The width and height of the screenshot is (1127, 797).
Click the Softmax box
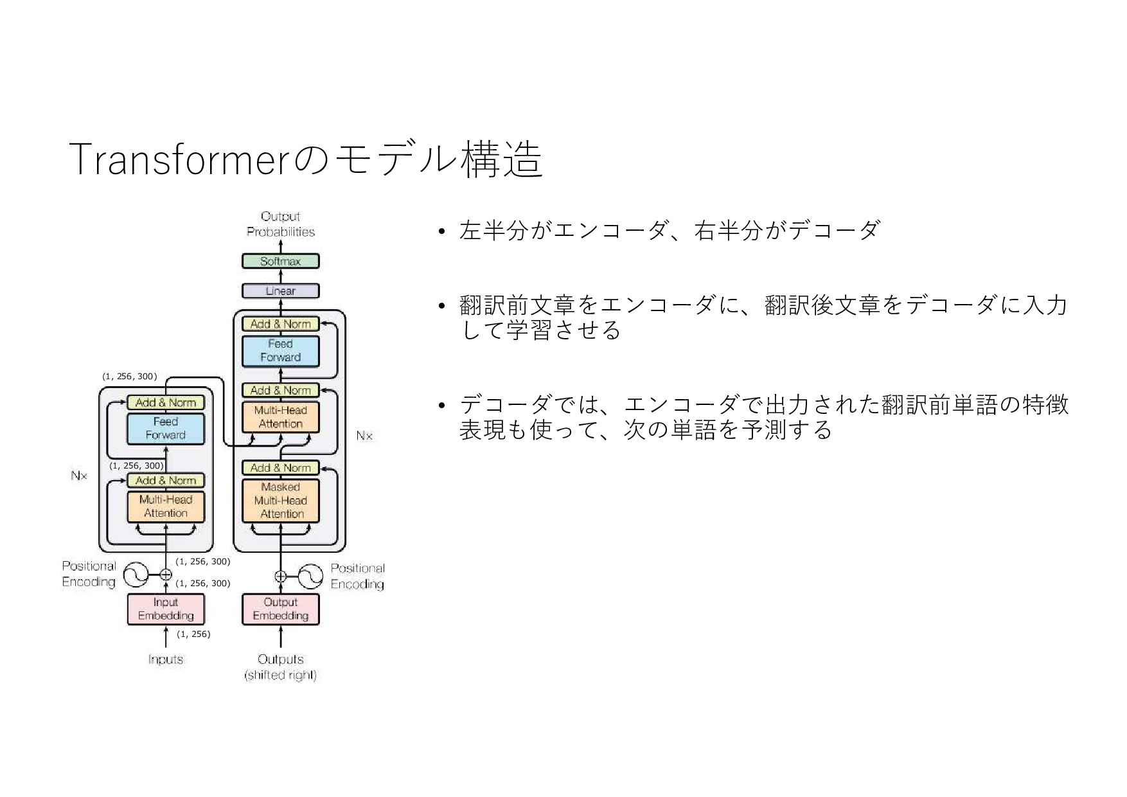coord(280,262)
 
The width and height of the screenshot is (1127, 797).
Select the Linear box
coord(280,291)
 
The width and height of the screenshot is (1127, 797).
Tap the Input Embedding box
coord(166,609)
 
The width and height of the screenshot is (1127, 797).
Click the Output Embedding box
coord(280,609)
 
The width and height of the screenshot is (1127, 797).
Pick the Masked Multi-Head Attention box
coord(280,501)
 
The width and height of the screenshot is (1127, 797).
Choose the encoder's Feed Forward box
coord(166,428)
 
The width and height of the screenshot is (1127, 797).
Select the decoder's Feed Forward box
coord(280,351)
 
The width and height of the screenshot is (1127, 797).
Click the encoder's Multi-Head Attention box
coord(166,506)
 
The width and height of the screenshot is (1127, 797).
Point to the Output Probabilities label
coord(280,224)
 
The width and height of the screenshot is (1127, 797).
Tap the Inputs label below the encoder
coord(166,659)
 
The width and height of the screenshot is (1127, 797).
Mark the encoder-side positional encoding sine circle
coord(136,575)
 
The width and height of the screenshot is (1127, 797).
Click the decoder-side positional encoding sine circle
coord(309,577)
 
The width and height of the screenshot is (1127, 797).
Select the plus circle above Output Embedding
coord(281,577)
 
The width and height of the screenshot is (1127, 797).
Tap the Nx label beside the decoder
coord(364,436)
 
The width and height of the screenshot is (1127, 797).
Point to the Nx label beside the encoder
coord(79,476)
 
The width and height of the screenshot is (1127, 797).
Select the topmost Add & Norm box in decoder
coord(280,324)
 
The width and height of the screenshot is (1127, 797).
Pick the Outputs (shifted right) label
coord(280,667)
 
